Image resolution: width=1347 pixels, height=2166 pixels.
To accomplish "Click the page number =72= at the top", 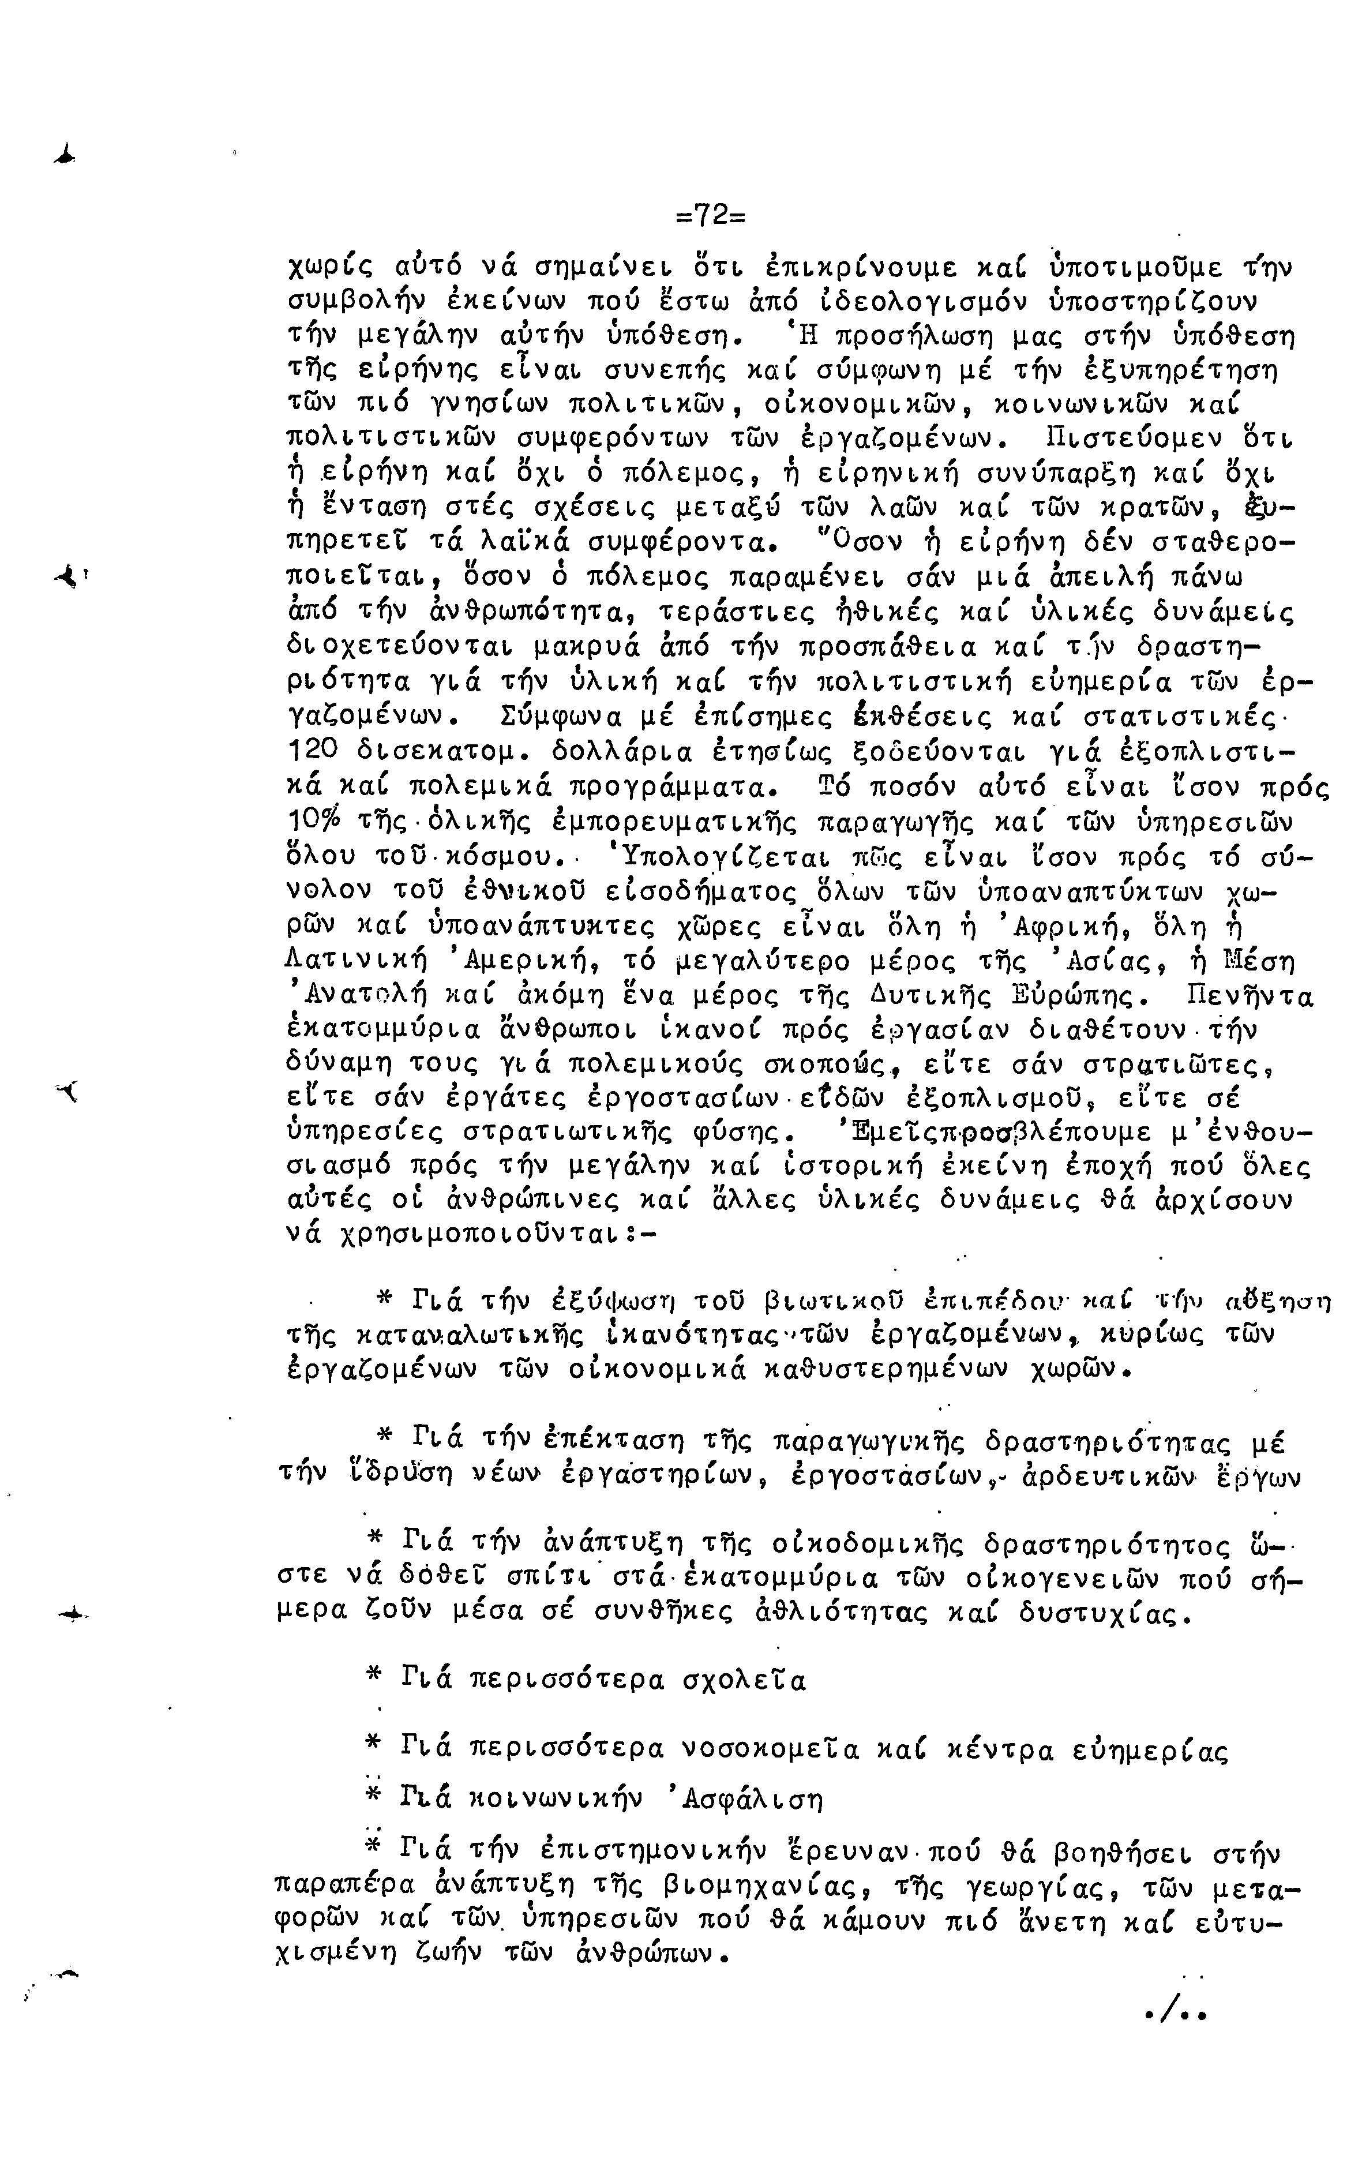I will coord(710,216).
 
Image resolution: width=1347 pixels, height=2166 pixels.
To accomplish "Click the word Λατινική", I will coord(355,962).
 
